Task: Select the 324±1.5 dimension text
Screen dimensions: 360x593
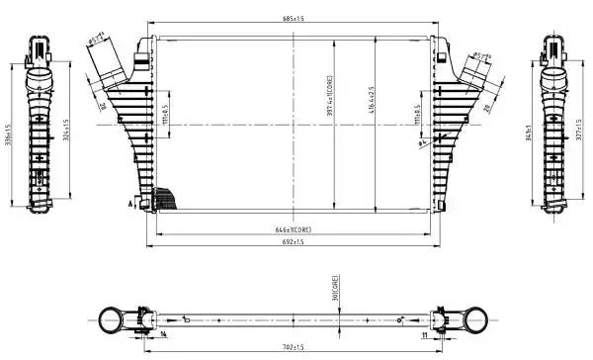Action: pyautogui.click(x=65, y=132)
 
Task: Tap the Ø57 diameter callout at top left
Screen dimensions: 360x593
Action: pyautogui.click(x=98, y=41)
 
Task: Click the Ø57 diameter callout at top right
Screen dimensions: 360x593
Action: pyautogui.click(x=481, y=56)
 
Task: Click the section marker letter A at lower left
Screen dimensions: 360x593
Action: pyautogui.click(x=129, y=202)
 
